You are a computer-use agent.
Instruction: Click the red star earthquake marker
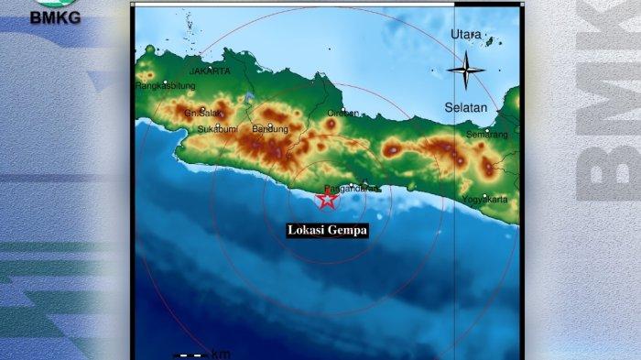[326, 199]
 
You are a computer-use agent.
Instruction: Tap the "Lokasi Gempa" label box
[327, 231]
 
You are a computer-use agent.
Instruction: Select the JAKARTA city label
[210, 70]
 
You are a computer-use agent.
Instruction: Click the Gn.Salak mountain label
[199, 114]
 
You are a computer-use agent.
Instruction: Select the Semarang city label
[487, 135]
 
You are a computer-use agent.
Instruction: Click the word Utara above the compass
[465, 35]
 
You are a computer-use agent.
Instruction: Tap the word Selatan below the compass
[465, 108]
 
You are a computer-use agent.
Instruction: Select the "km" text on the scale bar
[221, 354]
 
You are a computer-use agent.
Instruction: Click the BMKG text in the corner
[54, 16]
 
